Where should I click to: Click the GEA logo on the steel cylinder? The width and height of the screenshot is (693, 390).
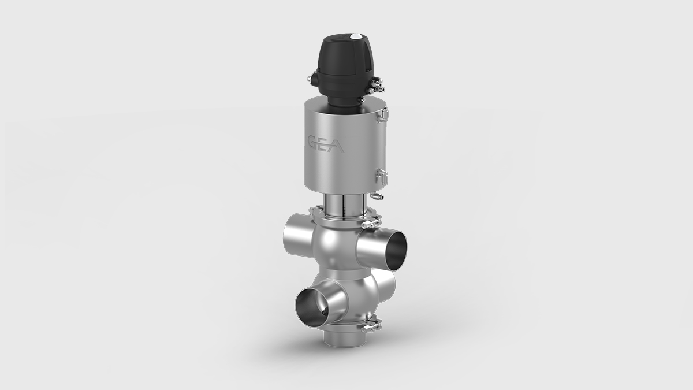click(327, 144)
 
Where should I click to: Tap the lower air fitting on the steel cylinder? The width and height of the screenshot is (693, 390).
click(381, 174)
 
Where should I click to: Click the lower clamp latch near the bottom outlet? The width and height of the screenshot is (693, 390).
click(370, 326)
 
